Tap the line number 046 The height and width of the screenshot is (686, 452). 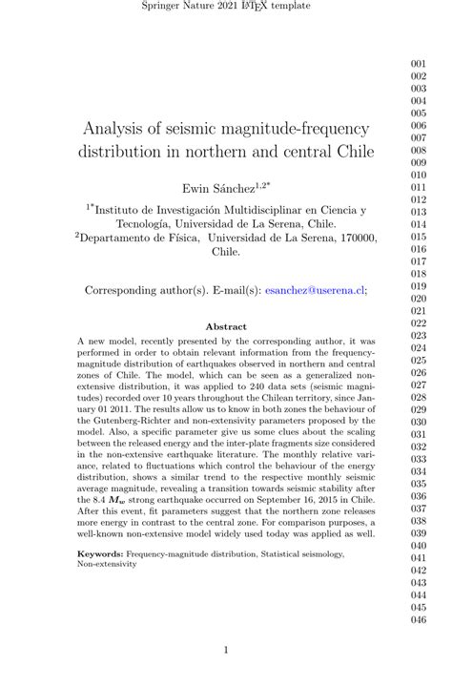(x=418, y=619)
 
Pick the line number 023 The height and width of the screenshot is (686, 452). (x=418, y=335)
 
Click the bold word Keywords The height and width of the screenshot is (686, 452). (x=108, y=552)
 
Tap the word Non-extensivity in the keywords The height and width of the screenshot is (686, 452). (x=107, y=564)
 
